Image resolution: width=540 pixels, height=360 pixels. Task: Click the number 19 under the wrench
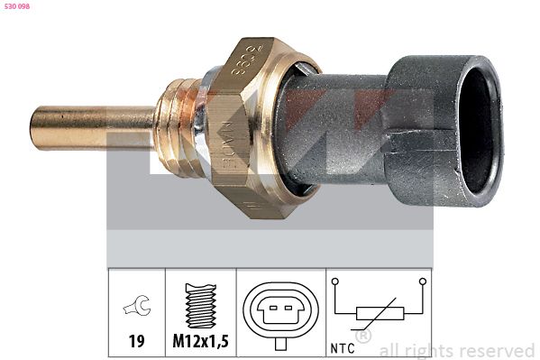(x=135, y=341)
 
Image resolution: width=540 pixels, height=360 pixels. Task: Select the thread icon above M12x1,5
(x=199, y=302)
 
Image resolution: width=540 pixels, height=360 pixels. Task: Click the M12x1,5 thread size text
(x=199, y=341)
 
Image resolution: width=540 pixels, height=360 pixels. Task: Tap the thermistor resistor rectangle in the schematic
(x=378, y=313)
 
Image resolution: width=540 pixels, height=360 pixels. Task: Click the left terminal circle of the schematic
(x=335, y=282)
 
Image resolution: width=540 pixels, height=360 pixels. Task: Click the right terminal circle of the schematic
(x=421, y=282)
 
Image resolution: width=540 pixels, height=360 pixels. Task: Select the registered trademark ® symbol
(x=363, y=337)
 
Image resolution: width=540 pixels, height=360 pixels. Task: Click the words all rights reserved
(x=456, y=350)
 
